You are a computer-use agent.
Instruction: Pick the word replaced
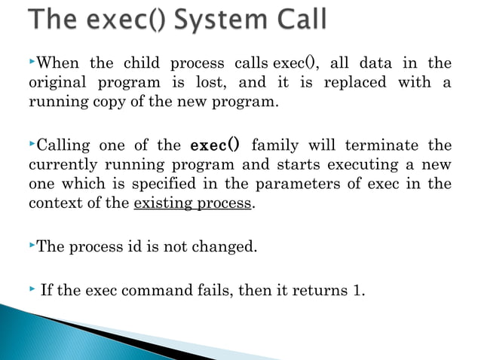pyautogui.click(x=354, y=81)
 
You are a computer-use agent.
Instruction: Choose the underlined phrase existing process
pyautogui.click(x=192, y=203)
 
